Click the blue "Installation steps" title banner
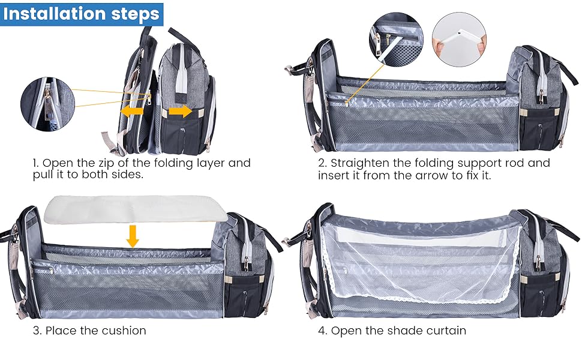[x=82, y=14]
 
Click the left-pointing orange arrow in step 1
[x=132, y=111]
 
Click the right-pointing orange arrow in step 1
[x=180, y=111]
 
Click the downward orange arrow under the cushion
[x=133, y=235]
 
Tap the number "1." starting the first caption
[x=36, y=163]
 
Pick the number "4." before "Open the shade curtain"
[x=323, y=331]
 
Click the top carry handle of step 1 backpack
[x=180, y=33]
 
